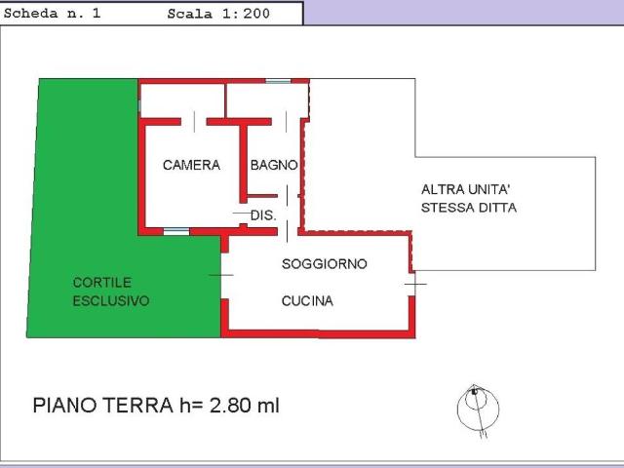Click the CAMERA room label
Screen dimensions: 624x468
point(191,165)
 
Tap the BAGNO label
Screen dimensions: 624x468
point(274,165)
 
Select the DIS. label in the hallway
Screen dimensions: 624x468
point(263,215)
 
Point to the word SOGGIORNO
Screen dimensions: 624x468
point(325,264)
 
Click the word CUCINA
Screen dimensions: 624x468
point(307,301)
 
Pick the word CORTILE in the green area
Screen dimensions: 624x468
point(101,282)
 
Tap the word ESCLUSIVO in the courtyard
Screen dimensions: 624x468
point(111,300)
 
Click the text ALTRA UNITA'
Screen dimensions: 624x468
point(466,189)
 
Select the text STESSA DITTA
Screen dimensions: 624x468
point(469,208)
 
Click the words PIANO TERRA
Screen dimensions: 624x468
point(103,406)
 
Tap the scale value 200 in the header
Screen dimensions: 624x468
point(256,14)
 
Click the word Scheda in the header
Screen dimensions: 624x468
point(30,14)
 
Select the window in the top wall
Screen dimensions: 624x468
point(278,81)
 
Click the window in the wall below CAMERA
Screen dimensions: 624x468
point(176,231)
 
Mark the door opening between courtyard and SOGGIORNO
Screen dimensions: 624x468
point(224,275)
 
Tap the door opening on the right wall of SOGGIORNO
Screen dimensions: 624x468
point(412,284)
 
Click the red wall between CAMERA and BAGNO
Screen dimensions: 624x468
point(243,164)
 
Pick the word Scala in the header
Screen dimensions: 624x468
point(190,14)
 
